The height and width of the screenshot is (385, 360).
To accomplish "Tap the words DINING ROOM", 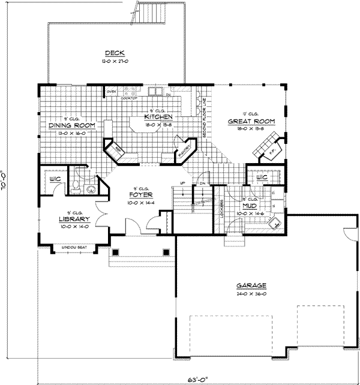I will pos(72,125).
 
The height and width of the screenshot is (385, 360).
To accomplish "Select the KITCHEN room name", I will pos(159,116).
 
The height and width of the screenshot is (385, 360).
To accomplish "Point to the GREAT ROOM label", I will pos(251,121).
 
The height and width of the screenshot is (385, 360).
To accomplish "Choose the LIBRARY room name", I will pos(70,219).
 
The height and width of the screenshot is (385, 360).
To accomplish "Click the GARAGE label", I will pos(251,285).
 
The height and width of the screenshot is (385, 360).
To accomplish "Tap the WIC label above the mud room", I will pos(262,178).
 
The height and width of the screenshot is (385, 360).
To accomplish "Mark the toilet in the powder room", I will pos(76,187).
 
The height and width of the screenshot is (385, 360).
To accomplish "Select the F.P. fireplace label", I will pos(271,152).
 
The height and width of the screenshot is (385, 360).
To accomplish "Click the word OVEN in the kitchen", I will pos(111,92).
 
